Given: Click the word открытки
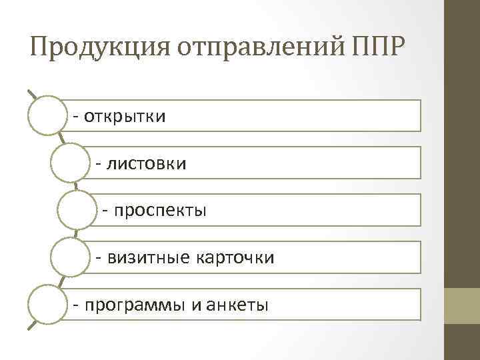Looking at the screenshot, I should tap(125, 117).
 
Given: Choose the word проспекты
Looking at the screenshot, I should tap(160, 211).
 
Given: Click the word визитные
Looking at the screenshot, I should tap(146, 258).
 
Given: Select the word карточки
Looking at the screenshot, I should tap(234, 258).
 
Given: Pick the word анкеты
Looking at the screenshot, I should tap(238, 305).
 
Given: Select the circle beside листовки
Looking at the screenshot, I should tap(71, 162).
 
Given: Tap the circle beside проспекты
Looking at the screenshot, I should tap(77, 210).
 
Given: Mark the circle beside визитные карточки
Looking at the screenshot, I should tap(71, 257).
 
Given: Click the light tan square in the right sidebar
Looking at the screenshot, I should tap(462, 305).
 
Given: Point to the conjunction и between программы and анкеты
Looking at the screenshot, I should tap(195, 306).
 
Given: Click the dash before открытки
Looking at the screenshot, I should tap(77, 117).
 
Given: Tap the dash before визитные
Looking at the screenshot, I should tap(99, 258).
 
